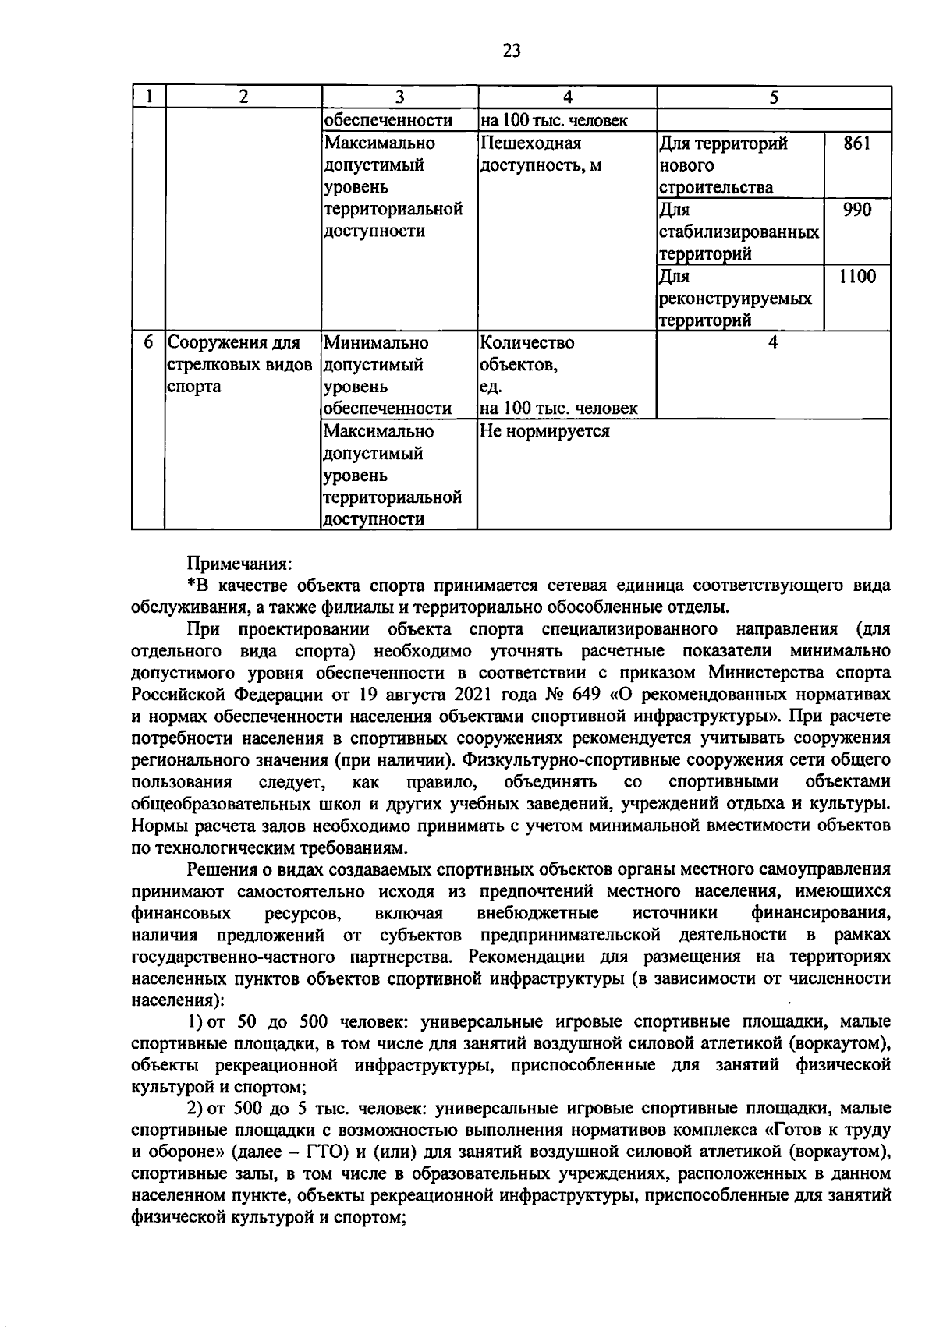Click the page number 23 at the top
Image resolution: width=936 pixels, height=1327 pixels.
(511, 51)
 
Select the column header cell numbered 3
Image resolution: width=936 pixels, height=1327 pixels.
(399, 97)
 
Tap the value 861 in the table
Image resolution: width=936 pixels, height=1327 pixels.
(856, 143)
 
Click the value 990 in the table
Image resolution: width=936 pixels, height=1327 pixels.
(856, 210)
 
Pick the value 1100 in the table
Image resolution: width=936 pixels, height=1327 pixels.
(856, 276)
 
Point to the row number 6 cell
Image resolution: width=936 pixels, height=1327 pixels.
(148, 343)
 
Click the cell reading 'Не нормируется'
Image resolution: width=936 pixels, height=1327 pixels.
(544, 431)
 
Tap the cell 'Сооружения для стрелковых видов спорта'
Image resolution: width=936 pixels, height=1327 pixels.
(240, 364)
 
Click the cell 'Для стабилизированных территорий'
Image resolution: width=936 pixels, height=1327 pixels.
(738, 232)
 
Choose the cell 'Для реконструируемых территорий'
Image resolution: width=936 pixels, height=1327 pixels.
(736, 298)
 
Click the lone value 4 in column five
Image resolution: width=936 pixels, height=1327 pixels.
(773, 343)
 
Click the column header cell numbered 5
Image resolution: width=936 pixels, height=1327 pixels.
(773, 97)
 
